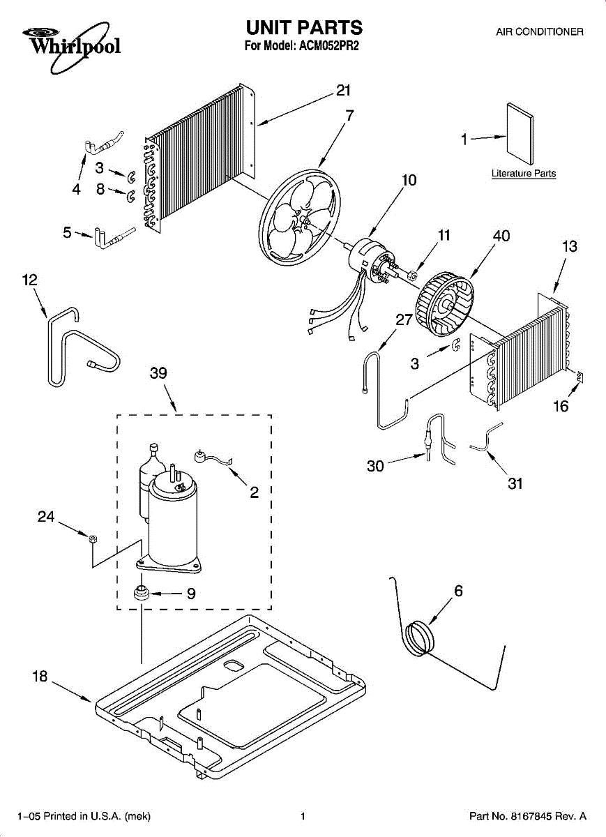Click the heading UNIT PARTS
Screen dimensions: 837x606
pyautogui.click(x=303, y=28)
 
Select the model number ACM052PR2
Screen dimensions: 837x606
pyautogui.click(x=327, y=47)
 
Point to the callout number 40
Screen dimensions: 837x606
pyautogui.click(x=501, y=236)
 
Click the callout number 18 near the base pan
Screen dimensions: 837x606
pyautogui.click(x=40, y=677)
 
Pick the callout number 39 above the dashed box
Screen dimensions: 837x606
pyautogui.click(x=159, y=373)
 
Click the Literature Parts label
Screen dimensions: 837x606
pyautogui.click(x=523, y=173)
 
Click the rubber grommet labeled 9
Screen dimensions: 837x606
pyautogui.click(x=143, y=594)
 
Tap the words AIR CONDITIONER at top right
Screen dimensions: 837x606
pyautogui.click(x=539, y=32)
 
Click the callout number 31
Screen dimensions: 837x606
pyautogui.click(x=515, y=483)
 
